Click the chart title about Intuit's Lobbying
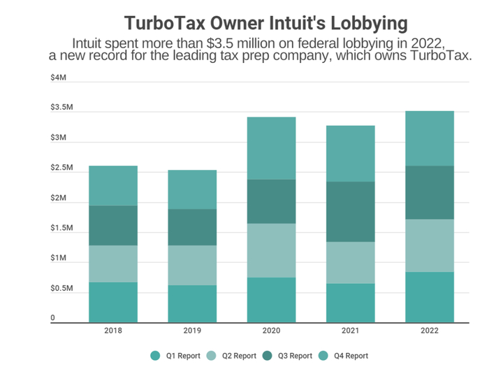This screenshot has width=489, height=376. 265,22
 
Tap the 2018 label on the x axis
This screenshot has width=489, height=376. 112,331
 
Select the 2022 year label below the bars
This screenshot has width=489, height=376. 430,331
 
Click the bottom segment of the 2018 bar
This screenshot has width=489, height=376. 112,302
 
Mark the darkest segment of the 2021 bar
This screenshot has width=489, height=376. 350,212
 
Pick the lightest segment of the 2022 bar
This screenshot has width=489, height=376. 430,245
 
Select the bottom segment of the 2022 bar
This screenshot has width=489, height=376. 430,297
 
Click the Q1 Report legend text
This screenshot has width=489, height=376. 183,356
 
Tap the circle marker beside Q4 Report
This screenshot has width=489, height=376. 323,356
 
